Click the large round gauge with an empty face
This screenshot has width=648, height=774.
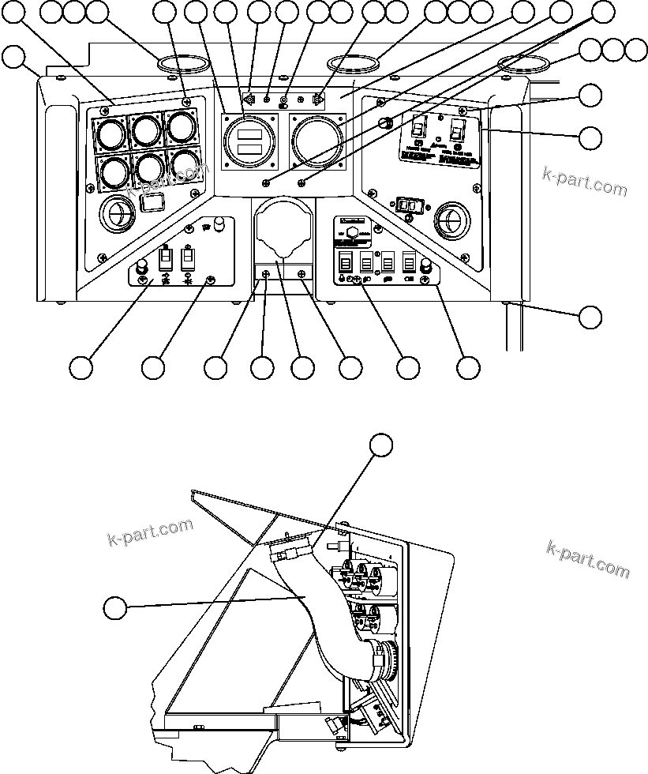coord(317,141)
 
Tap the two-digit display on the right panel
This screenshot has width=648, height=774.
coord(407,205)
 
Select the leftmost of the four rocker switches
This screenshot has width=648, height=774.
coord(345,262)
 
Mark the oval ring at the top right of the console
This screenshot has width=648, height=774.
coord(523,63)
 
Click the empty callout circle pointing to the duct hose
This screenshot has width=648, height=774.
coord(116,608)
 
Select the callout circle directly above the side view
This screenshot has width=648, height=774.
coord(382,444)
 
